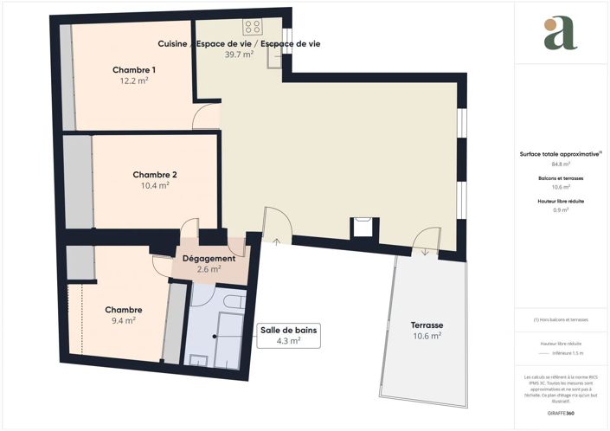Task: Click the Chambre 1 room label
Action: click(134, 69)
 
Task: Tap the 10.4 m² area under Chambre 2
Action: click(155, 185)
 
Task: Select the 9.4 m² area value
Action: click(124, 320)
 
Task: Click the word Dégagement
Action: click(209, 259)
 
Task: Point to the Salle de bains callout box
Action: click(290, 335)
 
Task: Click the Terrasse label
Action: click(426, 325)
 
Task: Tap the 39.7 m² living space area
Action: click(239, 55)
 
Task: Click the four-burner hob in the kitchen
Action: click(253, 27)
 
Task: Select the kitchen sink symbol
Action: click(278, 55)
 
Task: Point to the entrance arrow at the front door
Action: click(276, 242)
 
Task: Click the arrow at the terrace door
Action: click(425, 253)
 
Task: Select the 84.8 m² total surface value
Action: click(561, 162)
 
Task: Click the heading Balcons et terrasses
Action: click(561, 178)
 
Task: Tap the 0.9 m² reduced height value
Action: click(561, 209)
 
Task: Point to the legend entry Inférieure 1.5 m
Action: click(568, 353)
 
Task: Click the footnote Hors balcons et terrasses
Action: click(561, 320)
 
